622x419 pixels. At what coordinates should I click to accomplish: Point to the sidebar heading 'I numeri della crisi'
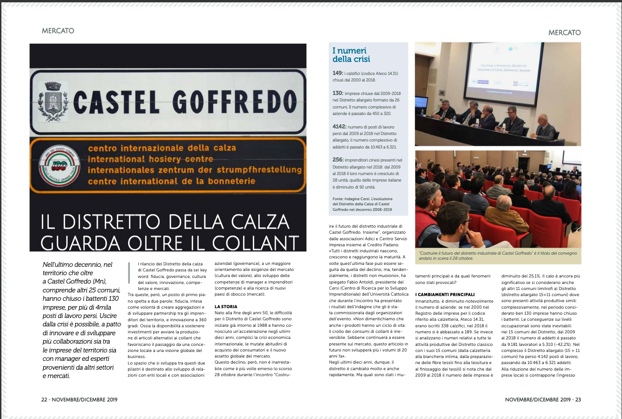tap(351, 55)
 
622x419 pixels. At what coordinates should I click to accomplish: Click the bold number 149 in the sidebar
tap(338, 74)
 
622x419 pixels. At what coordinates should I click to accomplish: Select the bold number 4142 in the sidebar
tap(339, 127)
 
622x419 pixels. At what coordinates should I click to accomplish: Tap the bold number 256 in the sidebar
tap(338, 160)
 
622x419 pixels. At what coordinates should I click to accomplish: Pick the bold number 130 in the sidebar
tap(338, 94)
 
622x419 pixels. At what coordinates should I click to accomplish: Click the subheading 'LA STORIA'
tap(226, 307)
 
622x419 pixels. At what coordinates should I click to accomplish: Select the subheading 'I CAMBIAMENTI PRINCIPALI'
tap(445, 295)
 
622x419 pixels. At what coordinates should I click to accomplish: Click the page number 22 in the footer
tap(44, 399)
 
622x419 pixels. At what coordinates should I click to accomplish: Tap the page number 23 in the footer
tap(578, 399)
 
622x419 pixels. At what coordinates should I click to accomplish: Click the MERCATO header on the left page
tap(58, 31)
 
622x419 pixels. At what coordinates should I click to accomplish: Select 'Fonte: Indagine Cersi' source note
tap(362, 204)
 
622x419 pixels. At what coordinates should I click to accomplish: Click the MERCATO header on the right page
tap(564, 33)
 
